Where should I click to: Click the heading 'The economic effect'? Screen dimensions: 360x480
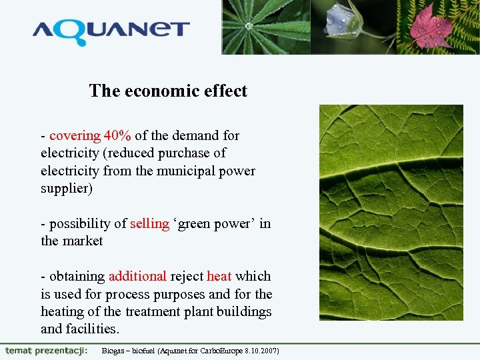[x=168, y=91]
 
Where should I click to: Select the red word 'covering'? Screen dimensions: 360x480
[x=75, y=135]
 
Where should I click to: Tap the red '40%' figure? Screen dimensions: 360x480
[x=117, y=135]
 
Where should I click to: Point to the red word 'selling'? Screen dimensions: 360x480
[x=149, y=223]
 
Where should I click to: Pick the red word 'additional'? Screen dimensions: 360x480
[x=137, y=276]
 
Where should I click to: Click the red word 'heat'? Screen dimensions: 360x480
[x=219, y=276]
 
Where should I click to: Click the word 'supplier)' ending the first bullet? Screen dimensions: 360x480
[x=66, y=188]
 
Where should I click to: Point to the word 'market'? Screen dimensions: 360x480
[x=83, y=241]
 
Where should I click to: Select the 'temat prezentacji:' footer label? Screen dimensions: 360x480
[x=45, y=351]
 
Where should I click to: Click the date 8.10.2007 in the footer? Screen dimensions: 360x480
[x=261, y=351]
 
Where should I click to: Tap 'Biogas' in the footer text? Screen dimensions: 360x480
[x=113, y=351]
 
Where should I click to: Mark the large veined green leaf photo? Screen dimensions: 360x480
[x=391, y=212]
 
